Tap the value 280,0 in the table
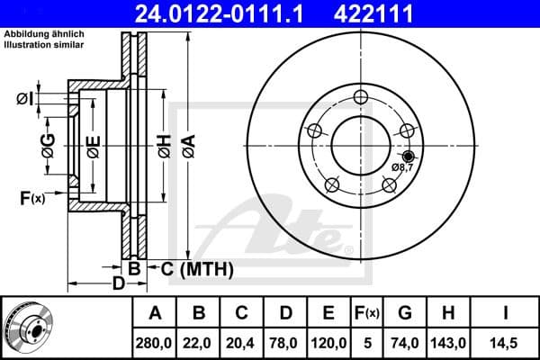pyautogui.click(x=155, y=341)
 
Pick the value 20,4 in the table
pyautogui.click(x=242, y=341)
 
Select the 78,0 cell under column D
pyautogui.click(x=285, y=341)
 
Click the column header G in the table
pyautogui.click(x=405, y=313)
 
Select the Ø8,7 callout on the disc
pyautogui.click(x=402, y=167)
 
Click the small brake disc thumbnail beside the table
pyautogui.click(x=32, y=328)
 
